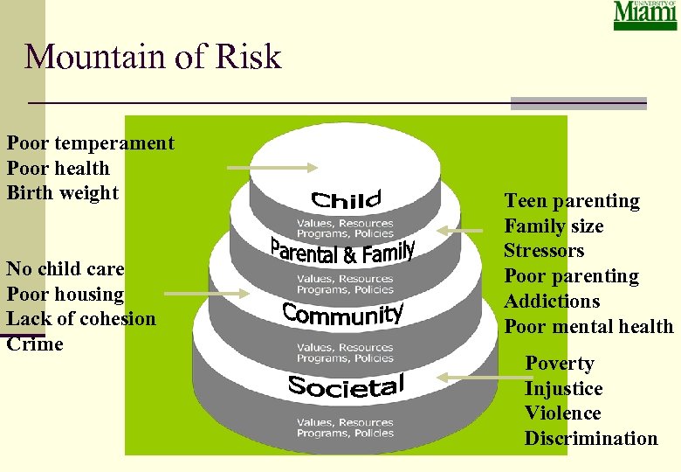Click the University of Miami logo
click(x=645, y=15)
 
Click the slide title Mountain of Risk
click(x=154, y=57)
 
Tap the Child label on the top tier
click(x=346, y=200)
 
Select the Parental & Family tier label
click(x=341, y=252)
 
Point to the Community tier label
click(x=343, y=314)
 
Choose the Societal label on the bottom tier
click(x=346, y=385)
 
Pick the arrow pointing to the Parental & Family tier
click(x=459, y=231)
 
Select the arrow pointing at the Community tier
click(x=207, y=294)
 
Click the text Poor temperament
click(x=91, y=143)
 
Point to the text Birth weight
click(x=63, y=193)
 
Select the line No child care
click(x=65, y=269)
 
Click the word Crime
click(x=35, y=344)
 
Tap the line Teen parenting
click(x=572, y=201)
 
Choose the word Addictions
click(x=552, y=302)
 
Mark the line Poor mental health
click(x=589, y=327)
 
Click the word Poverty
click(x=560, y=364)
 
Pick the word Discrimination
click(x=591, y=439)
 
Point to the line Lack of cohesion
click(x=81, y=319)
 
